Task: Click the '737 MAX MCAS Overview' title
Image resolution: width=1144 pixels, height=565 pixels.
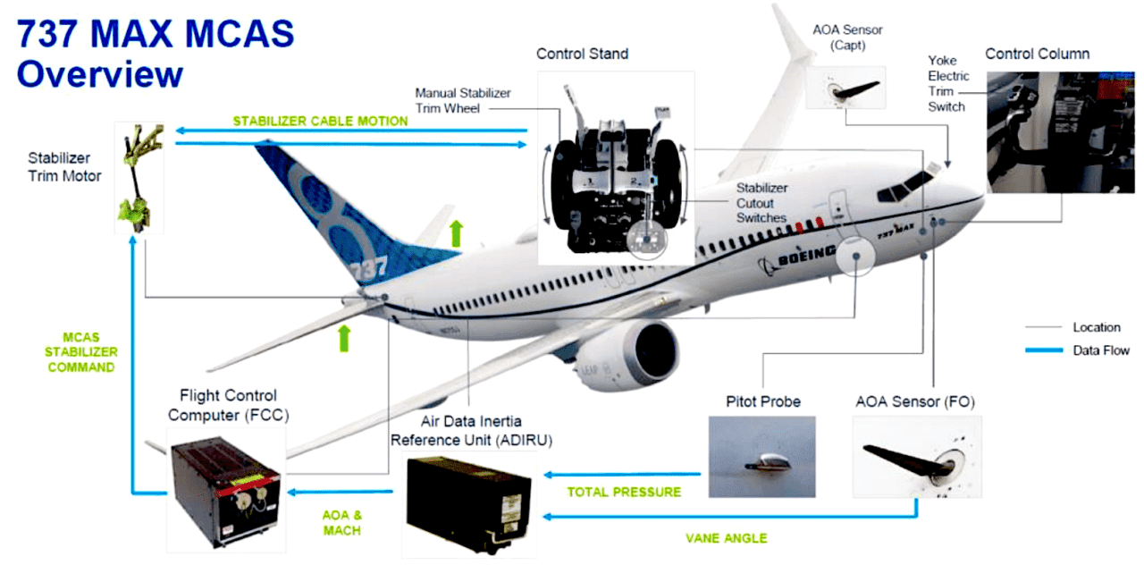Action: pos(156,53)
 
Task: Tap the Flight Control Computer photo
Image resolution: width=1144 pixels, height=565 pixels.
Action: pos(226,491)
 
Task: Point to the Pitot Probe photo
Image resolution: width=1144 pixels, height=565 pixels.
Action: pos(762,457)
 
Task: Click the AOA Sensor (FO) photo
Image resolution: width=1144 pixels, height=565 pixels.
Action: pos(917,457)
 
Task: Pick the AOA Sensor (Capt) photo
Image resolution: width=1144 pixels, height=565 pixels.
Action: pos(845,88)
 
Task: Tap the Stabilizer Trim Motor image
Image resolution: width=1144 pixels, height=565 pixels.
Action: pos(139,178)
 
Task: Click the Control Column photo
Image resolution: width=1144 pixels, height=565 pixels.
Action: pos(1061,132)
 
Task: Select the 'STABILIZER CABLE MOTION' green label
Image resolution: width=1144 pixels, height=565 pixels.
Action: pos(320,121)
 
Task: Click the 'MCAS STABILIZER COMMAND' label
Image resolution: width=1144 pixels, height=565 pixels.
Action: pos(81,352)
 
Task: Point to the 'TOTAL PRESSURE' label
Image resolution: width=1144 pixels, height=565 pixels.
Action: pos(624,492)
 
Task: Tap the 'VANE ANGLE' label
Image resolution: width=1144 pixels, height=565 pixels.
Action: pos(727,538)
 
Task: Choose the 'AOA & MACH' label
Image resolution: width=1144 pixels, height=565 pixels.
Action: pos(342,523)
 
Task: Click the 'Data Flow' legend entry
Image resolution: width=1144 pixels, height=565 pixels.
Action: pos(1100,350)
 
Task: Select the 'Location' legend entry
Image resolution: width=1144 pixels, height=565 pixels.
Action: pos(1097,327)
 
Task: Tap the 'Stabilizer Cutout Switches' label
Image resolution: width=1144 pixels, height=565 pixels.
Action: pos(761,203)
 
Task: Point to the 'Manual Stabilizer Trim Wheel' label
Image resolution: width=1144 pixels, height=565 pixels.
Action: pos(463,101)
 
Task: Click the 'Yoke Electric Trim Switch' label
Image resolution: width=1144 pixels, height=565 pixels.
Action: pos(948,84)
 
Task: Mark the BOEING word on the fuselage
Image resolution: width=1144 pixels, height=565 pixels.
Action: pos(806,256)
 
